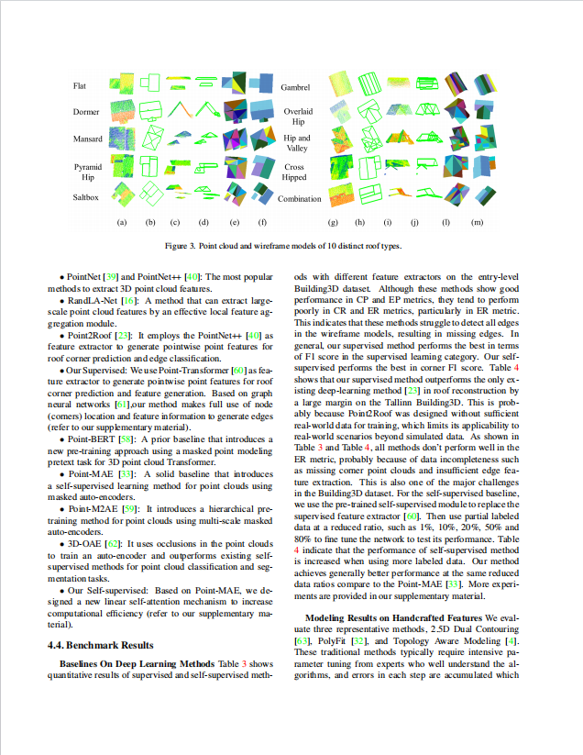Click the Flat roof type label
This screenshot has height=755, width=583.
click(x=81, y=86)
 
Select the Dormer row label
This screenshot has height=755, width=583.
click(x=86, y=112)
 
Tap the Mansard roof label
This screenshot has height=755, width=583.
click(x=88, y=139)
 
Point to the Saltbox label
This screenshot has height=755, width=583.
click(x=87, y=197)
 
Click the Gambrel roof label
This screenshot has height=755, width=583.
click(x=295, y=87)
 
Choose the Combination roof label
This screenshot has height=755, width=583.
click(x=300, y=199)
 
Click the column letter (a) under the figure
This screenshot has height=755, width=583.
click(x=121, y=223)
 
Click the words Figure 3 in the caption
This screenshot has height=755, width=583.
click(x=180, y=246)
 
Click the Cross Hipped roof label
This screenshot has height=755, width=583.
click(x=294, y=172)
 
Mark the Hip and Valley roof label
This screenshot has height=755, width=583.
click(x=297, y=143)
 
